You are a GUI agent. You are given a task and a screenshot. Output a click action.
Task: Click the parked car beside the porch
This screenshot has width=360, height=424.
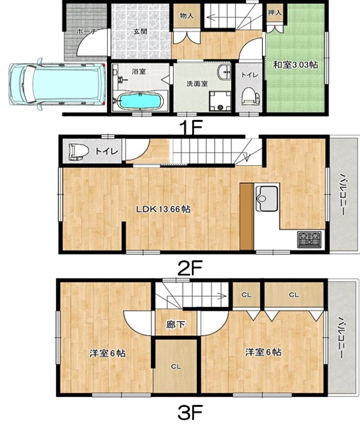click(x=57, y=83)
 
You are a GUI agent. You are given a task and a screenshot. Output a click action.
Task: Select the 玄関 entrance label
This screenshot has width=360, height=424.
click(x=140, y=31)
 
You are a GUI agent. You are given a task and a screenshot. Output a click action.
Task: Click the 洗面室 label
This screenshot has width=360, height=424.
click(x=197, y=84)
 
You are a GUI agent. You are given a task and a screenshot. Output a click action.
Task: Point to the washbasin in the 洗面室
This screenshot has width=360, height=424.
click(x=225, y=72)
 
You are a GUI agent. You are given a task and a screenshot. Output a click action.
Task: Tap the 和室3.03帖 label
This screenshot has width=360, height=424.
click(x=296, y=65)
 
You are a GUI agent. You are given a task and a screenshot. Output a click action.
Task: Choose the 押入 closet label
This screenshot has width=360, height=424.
click(x=275, y=13)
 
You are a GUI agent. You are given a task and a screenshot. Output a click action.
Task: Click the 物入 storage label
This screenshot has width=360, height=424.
click(x=187, y=16)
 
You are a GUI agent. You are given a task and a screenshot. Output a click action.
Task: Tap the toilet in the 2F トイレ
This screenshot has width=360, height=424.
click(x=79, y=152)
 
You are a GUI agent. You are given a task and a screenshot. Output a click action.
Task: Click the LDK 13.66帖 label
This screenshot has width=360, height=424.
click(x=164, y=209)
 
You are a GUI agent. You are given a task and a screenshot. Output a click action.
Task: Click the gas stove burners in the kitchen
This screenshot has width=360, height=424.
click(x=310, y=240)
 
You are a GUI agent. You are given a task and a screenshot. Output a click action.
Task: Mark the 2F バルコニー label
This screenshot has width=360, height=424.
click(x=342, y=194)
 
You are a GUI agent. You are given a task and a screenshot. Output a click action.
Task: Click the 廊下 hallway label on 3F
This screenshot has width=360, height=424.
click(x=176, y=325)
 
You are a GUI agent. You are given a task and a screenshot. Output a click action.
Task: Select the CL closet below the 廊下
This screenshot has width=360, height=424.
click(x=176, y=367)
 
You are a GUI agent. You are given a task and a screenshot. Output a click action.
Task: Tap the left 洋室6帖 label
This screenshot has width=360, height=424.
click(x=107, y=353)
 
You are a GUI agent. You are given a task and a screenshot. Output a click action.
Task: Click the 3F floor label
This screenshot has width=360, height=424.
click(x=191, y=413)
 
